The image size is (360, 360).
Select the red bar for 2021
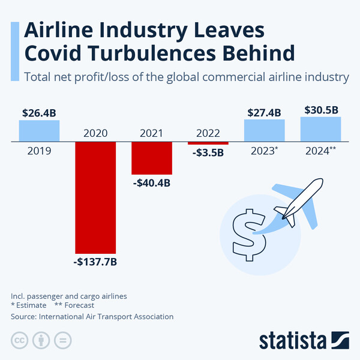click(151, 158)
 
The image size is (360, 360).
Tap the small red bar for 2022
click(208, 143)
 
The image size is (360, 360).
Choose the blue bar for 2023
click(264, 130)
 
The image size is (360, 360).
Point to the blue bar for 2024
click(320, 129)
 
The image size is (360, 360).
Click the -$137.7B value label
click(95, 262)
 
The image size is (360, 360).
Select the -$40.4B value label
click(151, 182)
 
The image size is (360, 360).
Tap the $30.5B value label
click(320, 110)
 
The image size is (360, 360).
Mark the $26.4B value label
click(39, 113)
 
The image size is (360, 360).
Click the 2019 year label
click(39, 151)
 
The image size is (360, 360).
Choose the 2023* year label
click(264, 151)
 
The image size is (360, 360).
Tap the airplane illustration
click(297, 203)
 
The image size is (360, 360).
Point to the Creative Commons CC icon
click(19, 340)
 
